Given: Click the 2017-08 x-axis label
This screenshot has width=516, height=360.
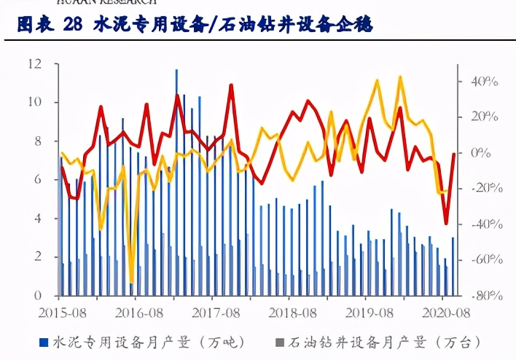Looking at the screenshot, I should pyautogui.click(x=211, y=312).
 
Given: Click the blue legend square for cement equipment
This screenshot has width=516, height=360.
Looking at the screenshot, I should pyautogui.click(x=43, y=341).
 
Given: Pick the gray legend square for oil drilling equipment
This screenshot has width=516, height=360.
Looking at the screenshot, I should pyautogui.click(x=279, y=341).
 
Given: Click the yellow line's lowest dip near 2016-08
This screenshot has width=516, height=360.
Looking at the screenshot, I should pyautogui.click(x=132, y=282).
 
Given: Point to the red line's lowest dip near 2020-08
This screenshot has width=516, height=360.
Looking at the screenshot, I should pyautogui.click(x=446, y=223).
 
